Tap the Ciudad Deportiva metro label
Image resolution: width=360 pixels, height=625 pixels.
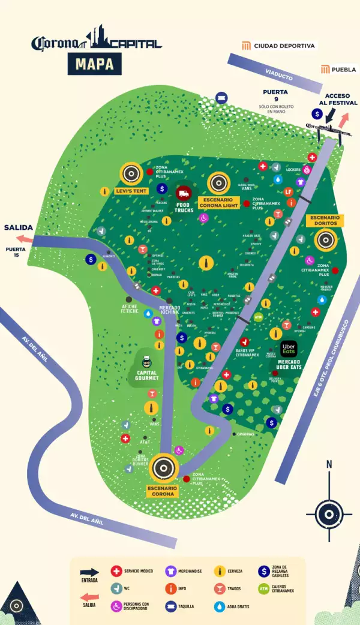pyautogui.click(x=282, y=46)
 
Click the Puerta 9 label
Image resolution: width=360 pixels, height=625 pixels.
pyautogui.click(x=271, y=95)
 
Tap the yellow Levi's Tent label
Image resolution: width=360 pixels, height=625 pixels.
pyautogui.click(x=131, y=191)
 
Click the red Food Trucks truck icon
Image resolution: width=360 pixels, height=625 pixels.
pyautogui.click(x=184, y=193)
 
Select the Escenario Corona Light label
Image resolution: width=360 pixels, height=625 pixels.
pyautogui.click(x=218, y=202)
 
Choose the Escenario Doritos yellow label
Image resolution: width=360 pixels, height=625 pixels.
pyautogui.click(x=325, y=220)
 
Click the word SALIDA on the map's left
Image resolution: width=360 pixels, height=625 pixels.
pyautogui.click(x=18, y=228)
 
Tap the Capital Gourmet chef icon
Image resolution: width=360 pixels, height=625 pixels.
pyautogui.click(x=146, y=362)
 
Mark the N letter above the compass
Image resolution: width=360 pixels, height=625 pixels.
pyautogui.click(x=329, y=464)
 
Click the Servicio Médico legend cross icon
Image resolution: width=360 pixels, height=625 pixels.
pyautogui.click(x=116, y=572)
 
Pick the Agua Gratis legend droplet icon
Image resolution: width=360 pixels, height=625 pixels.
pyautogui.click(x=220, y=606)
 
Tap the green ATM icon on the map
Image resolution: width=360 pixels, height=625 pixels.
pyautogui.click(x=259, y=317)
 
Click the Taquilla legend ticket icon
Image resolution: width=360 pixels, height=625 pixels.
pyautogui.click(x=170, y=606)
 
